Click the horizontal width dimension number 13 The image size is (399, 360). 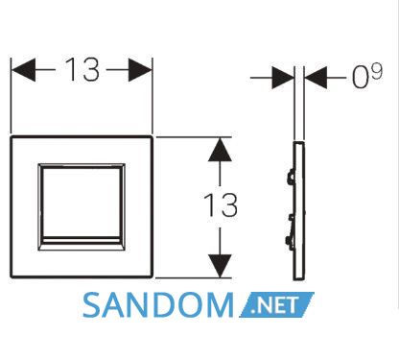coord(82,69)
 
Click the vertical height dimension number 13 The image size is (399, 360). coord(221,204)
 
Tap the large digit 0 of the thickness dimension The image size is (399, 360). coord(360,78)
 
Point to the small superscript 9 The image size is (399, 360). coord(377,71)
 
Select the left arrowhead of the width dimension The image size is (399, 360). coord(23,70)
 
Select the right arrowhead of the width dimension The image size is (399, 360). coord(140,70)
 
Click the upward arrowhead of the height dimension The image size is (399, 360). coord(220,150)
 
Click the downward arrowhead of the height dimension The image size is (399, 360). coord(220,266)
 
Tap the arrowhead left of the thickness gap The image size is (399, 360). coord(283,78)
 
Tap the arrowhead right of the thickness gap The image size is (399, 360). coord(316,78)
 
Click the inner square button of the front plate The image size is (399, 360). coord(82,207)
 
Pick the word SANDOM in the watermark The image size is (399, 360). coord(158,305)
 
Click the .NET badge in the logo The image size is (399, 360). coord(277,304)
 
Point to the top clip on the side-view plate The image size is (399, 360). coord(291,176)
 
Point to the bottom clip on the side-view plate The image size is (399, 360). coord(291,243)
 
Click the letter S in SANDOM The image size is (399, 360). coord(91,305)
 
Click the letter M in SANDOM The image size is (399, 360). coord(220,305)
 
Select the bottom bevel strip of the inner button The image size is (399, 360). coord(82,244)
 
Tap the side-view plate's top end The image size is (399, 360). coord(298,142)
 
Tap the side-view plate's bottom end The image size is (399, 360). coord(298,278)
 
